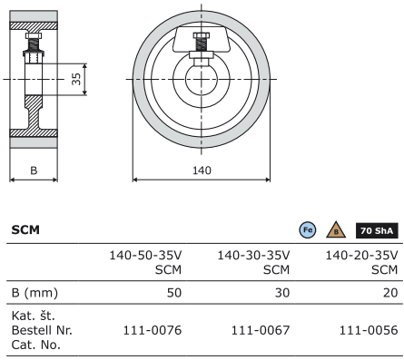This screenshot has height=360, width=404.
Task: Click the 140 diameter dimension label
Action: [x=202, y=170]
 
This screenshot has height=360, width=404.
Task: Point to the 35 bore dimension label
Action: [x=76, y=79]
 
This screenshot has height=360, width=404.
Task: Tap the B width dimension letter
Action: [x=34, y=170]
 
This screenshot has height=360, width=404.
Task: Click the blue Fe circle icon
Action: [x=308, y=230]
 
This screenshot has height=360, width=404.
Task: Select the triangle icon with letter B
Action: [x=336, y=230]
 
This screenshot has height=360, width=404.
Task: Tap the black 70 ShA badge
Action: [x=377, y=231]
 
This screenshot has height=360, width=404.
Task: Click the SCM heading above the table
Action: [x=25, y=230]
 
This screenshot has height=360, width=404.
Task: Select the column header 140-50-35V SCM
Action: [x=145, y=262]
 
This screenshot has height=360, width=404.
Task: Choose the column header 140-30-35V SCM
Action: [x=253, y=262]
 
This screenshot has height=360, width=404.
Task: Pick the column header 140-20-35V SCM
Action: [x=361, y=262]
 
